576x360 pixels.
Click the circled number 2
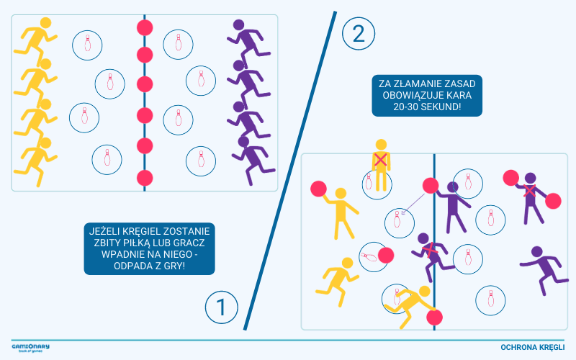[358, 34]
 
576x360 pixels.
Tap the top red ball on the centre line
[145, 28]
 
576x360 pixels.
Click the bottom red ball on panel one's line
[145, 178]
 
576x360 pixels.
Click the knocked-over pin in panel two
[369, 257]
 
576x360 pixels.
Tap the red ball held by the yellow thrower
[318, 189]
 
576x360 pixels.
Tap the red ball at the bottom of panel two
[434, 317]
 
